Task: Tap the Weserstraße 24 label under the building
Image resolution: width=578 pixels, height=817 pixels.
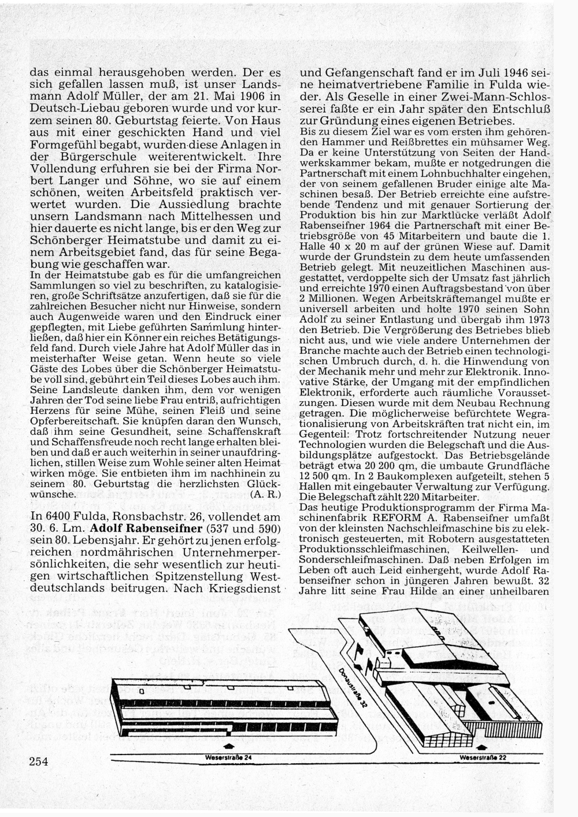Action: pos(228,757)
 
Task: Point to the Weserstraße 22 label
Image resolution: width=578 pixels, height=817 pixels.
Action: pos(483,757)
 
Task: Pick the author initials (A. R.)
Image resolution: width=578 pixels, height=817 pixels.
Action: pos(266,494)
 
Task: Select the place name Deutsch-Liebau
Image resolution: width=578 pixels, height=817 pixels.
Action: pos(69,108)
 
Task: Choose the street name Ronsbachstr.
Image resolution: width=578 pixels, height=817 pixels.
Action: pos(155,517)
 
